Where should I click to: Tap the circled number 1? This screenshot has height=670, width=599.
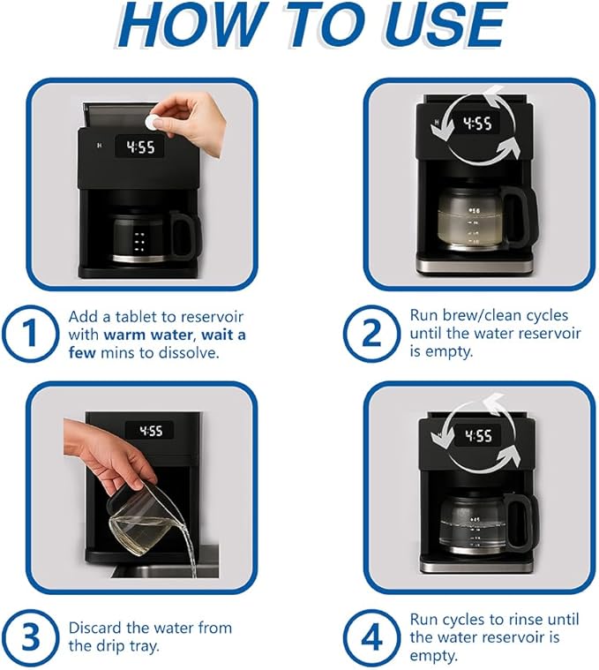(31, 335)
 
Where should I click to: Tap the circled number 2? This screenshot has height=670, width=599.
(371, 335)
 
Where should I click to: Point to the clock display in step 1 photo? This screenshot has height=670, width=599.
(139, 147)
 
